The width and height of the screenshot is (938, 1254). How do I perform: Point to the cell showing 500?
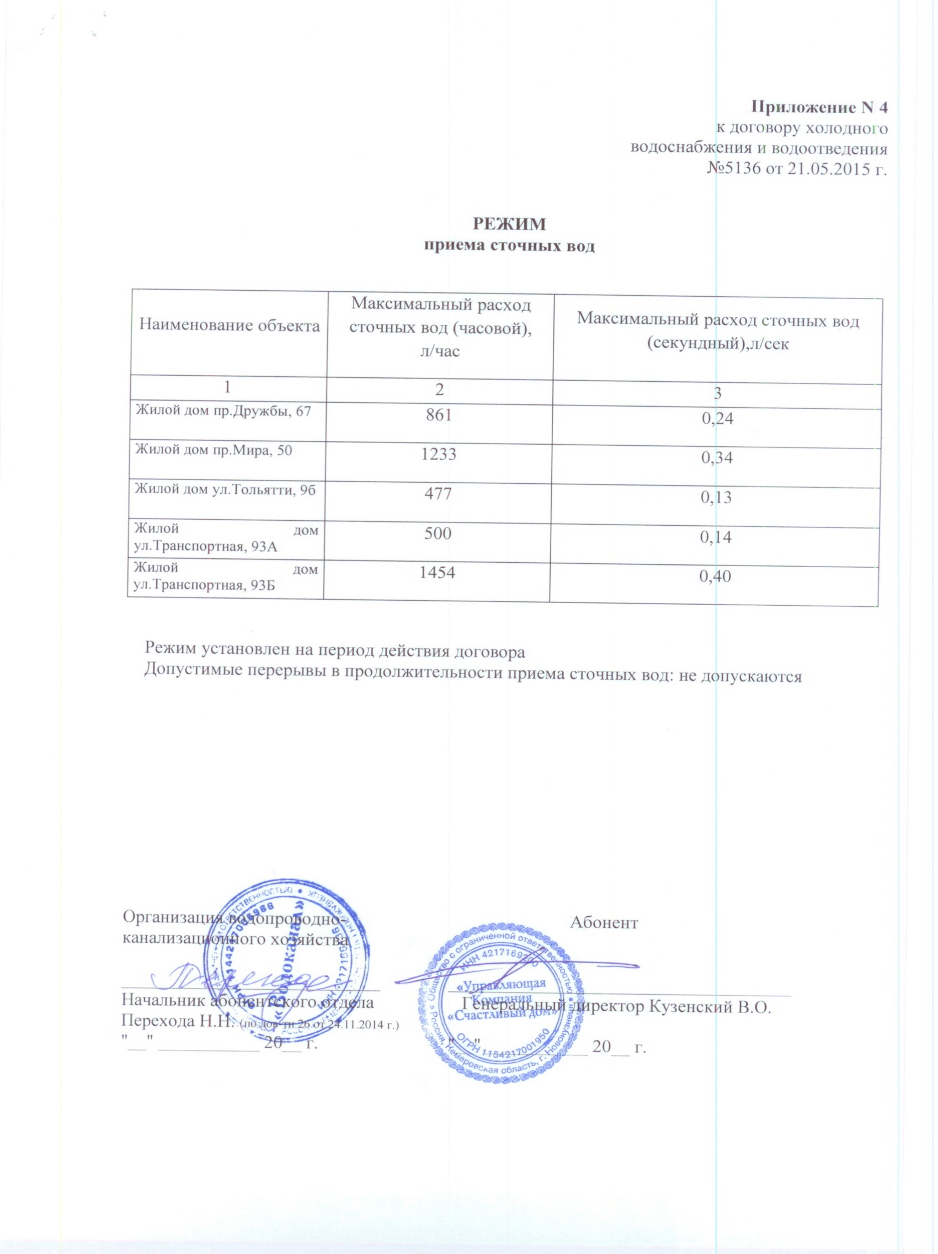pyautogui.click(x=437, y=533)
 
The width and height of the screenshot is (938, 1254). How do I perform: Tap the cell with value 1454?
pyautogui.click(x=436, y=572)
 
